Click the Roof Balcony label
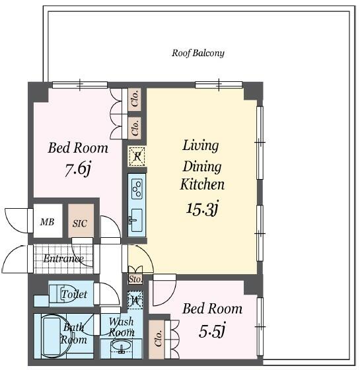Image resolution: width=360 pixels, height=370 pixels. coord(198,53)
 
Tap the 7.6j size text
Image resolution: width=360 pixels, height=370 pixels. coord(78,168)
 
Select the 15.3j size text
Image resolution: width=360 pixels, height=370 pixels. coord(203,208)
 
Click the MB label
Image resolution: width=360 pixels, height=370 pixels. coord(47,222)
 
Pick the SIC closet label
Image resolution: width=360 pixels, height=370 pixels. coord(80,223)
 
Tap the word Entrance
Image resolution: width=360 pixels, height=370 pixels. coord(63,258)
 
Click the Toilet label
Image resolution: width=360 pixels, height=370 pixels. coord(74,294)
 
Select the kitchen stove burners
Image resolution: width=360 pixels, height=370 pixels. coord(137,189)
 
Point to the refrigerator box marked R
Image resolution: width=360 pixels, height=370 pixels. coord(137,156)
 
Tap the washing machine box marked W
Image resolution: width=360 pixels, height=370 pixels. coord(135,300)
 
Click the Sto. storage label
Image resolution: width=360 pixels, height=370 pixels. coord(135,279)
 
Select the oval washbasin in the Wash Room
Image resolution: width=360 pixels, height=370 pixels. coord(122,346)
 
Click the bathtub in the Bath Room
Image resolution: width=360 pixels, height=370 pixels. coord(52,336)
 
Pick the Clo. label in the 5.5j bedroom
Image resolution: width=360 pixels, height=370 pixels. coord(159,338)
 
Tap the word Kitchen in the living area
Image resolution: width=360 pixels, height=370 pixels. coord(202,184)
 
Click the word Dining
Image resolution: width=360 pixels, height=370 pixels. coord(202,166)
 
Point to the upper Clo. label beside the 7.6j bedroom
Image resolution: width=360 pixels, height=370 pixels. coord(135,99)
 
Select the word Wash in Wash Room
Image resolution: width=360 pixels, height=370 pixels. coord(122,322)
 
